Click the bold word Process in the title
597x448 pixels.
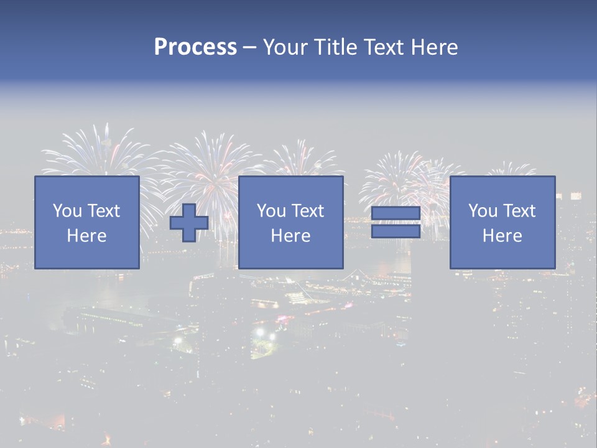(195, 47)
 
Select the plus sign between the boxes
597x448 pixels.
(189, 222)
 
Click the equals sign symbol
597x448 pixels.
(396, 222)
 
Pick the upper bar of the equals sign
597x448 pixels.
(396, 215)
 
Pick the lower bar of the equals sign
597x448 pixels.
(396, 231)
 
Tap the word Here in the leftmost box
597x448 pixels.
(86, 236)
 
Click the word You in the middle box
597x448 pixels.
(271, 211)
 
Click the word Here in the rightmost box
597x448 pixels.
(502, 236)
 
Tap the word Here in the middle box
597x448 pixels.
(290, 236)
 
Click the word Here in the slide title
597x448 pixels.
(434, 47)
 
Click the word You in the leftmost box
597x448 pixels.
(67, 211)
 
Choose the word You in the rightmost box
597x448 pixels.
(483, 211)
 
